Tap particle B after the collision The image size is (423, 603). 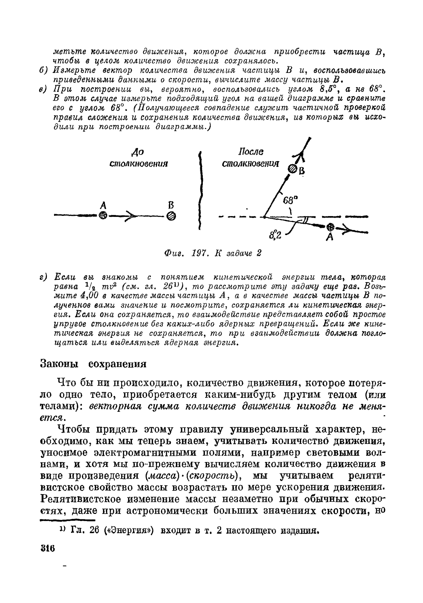pos(292,169)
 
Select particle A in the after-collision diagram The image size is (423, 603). pos(331,226)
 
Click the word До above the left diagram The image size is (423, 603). pos(137,152)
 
